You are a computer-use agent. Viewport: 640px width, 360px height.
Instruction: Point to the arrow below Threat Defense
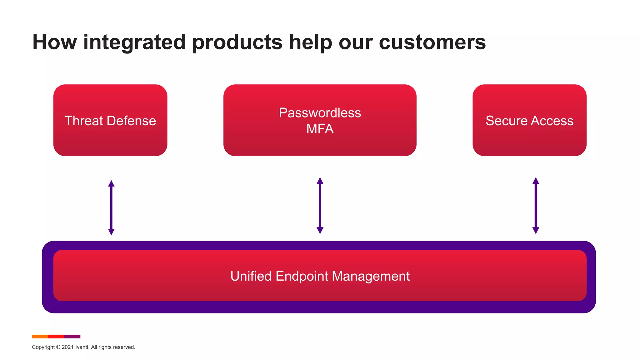click(111, 208)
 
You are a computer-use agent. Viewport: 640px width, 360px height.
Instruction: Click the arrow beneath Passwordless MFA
click(320, 206)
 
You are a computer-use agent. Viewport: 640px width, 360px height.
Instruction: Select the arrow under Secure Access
click(536, 206)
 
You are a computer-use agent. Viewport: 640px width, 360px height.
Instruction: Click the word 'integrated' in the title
click(134, 42)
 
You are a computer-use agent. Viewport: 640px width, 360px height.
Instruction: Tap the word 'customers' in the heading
click(432, 42)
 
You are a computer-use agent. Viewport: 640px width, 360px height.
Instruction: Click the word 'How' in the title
click(54, 42)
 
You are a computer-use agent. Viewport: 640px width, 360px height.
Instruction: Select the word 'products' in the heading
click(237, 42)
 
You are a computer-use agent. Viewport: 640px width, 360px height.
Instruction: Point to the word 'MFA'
click(320, 129)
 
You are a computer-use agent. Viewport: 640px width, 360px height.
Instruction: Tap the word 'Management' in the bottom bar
click(371, 276)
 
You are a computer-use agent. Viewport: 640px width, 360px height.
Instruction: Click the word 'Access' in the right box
click(552, 121)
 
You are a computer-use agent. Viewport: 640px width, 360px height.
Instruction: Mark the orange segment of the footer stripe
click(40, 337)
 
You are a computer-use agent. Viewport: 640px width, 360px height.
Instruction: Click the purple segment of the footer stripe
click(72, 337)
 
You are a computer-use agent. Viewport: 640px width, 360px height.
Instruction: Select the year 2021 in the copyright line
click(67, 347)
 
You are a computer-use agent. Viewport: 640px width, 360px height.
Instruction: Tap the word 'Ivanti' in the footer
click(82, 347)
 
